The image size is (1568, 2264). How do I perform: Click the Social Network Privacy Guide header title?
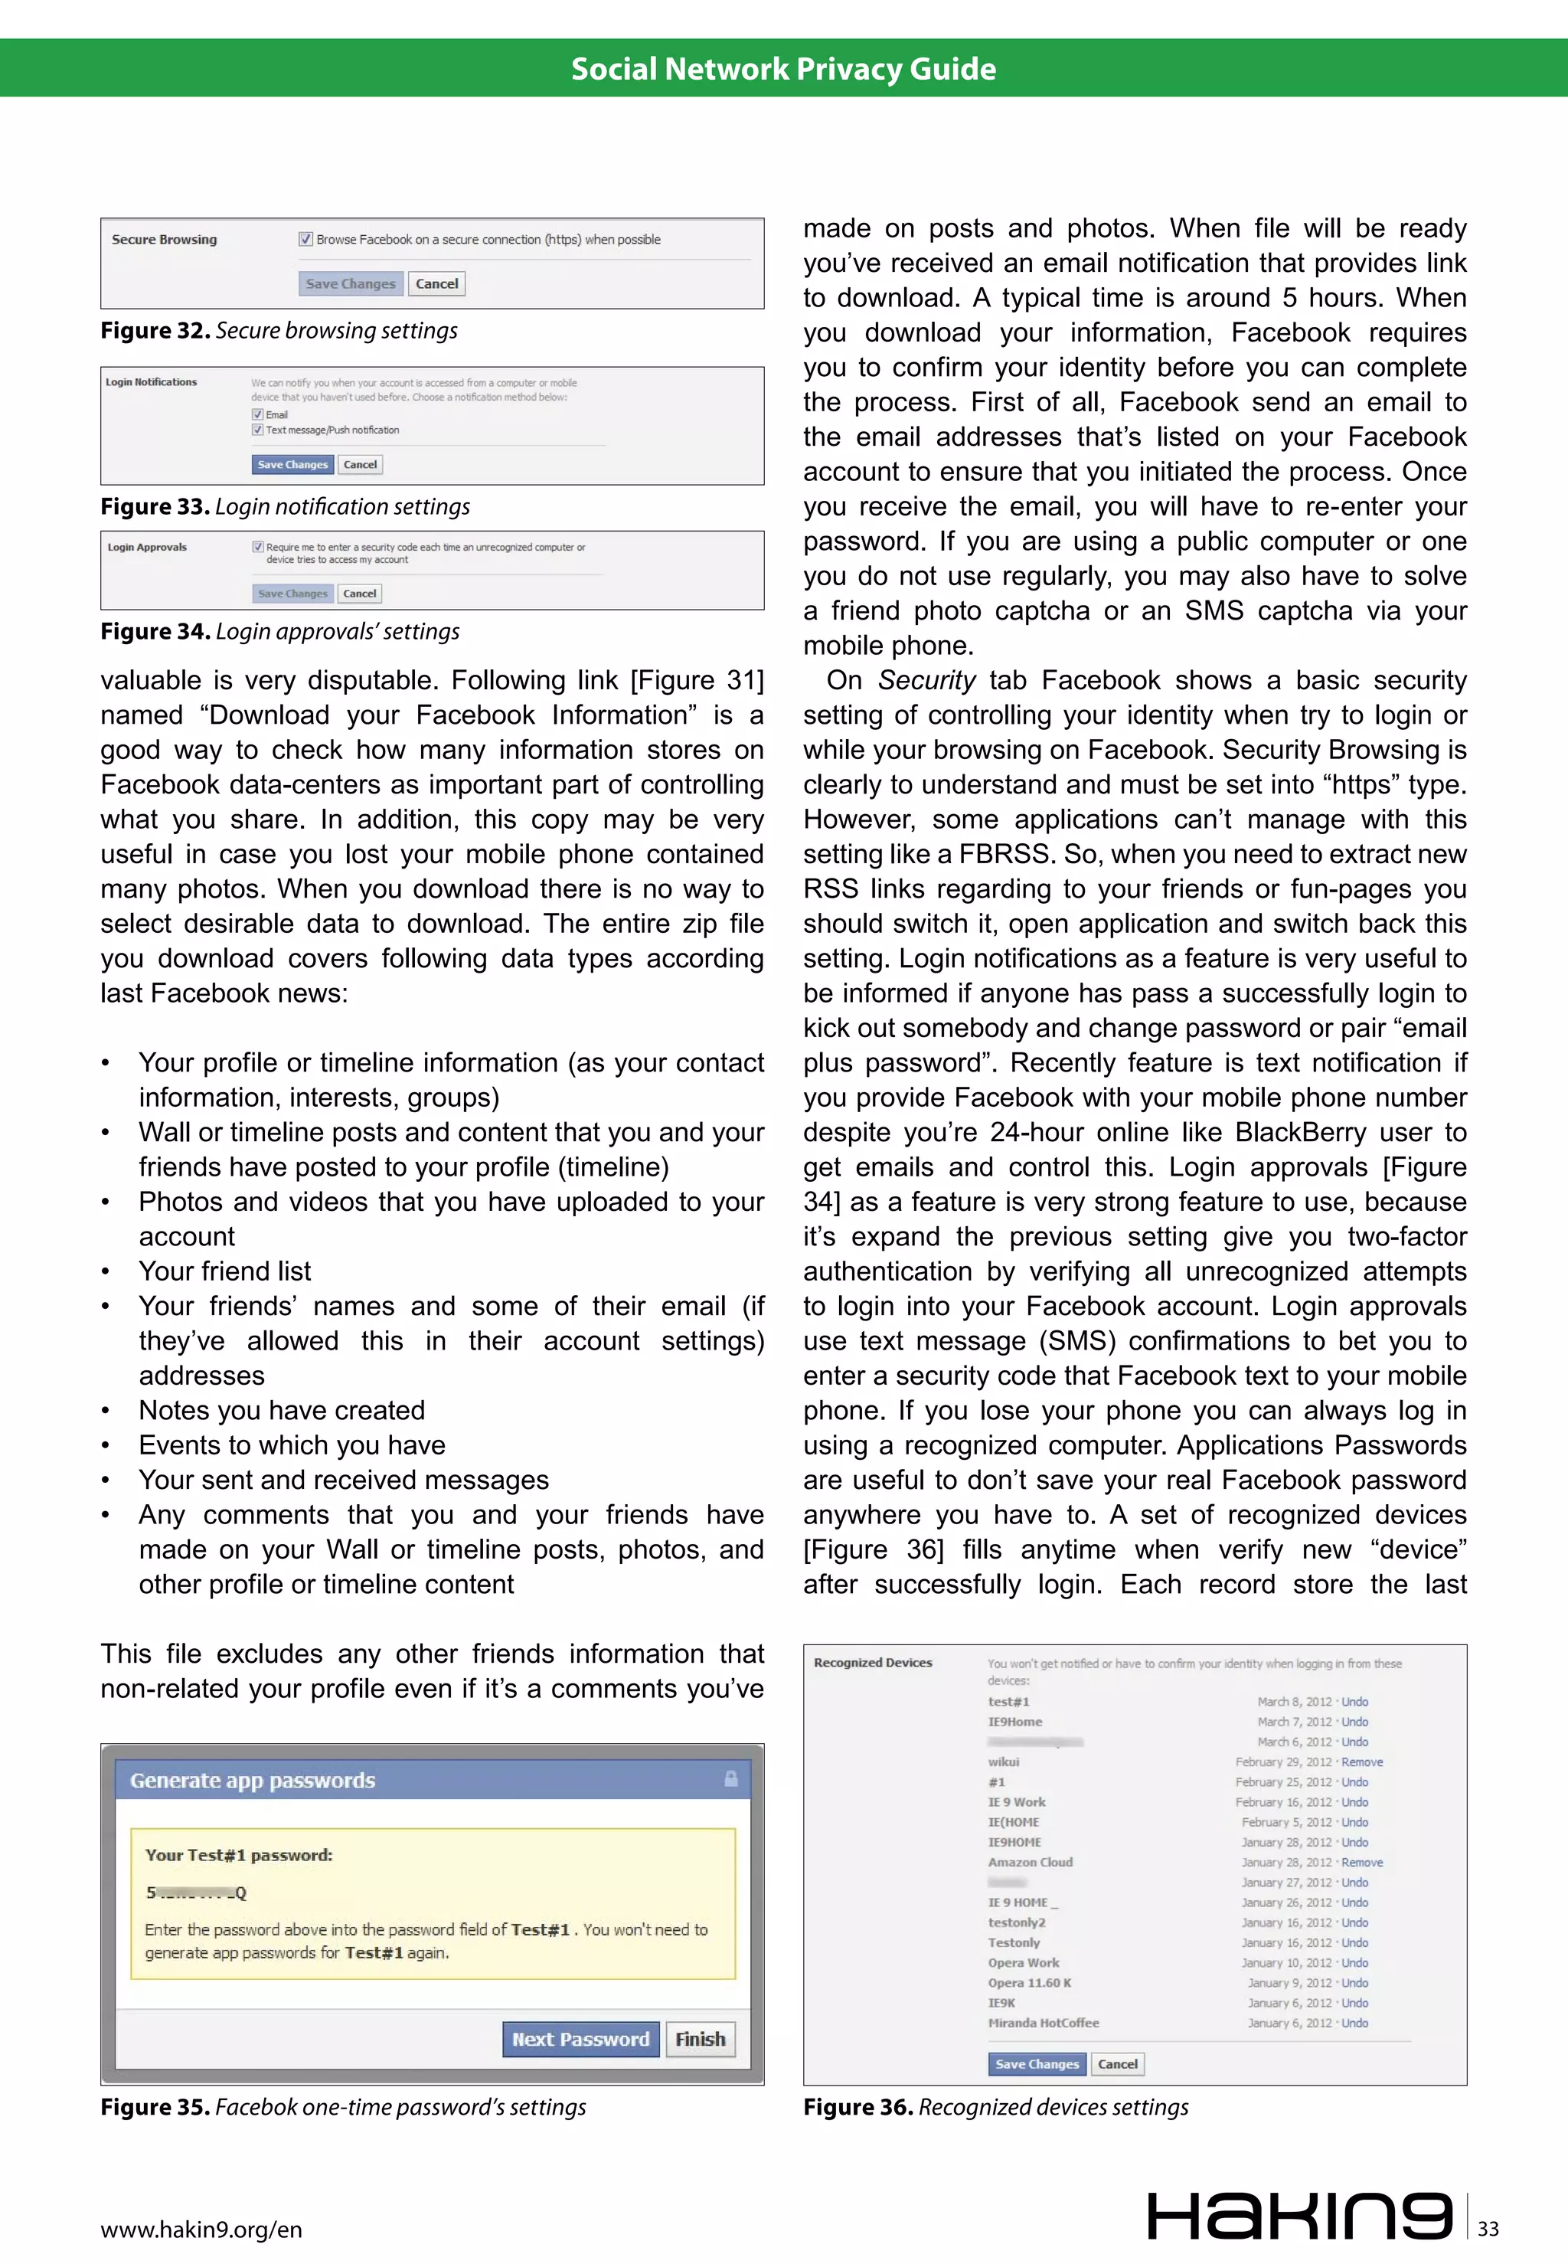point(783,69)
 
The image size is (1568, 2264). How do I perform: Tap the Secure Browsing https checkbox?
point(305,239)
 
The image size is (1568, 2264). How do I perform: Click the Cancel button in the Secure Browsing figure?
point(436,284)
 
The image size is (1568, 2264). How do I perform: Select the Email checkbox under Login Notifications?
point(257,414)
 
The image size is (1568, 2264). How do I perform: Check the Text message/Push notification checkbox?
point(257,430)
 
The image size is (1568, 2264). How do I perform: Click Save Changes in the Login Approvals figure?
point(292,594)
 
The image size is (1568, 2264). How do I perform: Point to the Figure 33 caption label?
point(154,507)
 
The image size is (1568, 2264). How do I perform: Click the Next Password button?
point(580,2039)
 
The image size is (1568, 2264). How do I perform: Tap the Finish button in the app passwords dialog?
point(700,2039)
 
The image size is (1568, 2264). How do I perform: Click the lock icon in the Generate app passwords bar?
point(731,1778)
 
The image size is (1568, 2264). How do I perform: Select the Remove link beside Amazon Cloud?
point(1362,1862)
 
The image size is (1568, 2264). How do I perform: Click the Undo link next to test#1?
point(1355,1702)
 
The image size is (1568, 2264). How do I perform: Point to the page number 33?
point(1488,2229)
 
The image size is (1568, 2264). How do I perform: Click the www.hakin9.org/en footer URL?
point(201,2230)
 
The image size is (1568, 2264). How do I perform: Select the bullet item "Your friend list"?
point(225,1271)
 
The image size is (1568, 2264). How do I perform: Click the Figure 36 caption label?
point(857,2107)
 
